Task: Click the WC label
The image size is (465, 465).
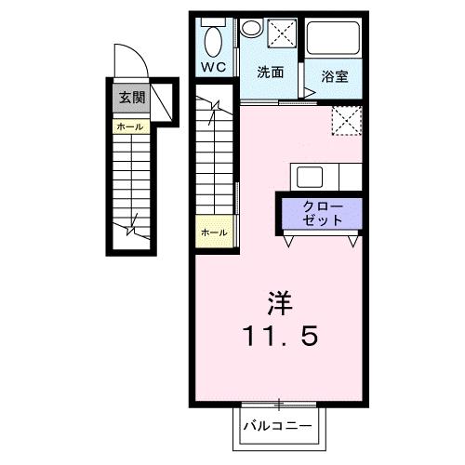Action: tap(214, 68)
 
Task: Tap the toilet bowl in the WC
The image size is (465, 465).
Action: tap(214, 42)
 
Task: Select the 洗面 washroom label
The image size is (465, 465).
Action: tap(272, 71)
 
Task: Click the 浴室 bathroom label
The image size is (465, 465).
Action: tap(335, 76)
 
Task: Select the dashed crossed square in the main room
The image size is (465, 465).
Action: tap(347, 120)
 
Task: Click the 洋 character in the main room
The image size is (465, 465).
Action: tap(280, 303)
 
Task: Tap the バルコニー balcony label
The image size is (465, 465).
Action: tap(278, 428)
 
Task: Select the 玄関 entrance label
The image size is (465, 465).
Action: tap(128, 96)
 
